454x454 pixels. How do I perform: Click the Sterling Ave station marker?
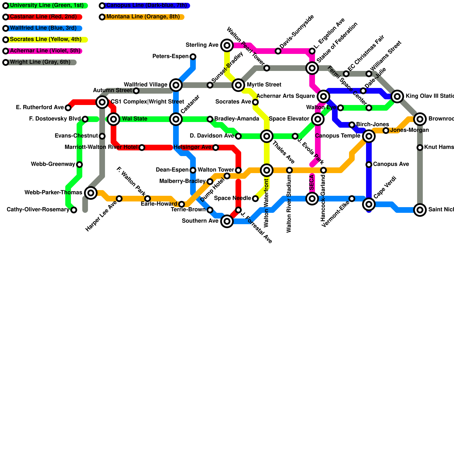pyautogui.click(x=227, y=45)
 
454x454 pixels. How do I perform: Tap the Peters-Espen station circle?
pyautogui.click(x=193, y=56)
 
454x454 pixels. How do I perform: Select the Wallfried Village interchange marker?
pyautogui.click(x=176, y=85)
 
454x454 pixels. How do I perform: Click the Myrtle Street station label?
pyautogui.click(x=264, y=85)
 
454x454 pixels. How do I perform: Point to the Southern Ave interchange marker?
pyautogui.click(x=227, y=221)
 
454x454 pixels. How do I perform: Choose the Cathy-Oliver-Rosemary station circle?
pyautogui.click(x=74, y=210)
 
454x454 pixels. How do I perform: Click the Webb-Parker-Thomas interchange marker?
pyautogui.click(x=91, y=193)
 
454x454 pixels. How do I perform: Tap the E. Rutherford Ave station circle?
pyautogui.click(x=68, y=108)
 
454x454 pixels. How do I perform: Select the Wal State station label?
pyautogui.click(x=134, y=119)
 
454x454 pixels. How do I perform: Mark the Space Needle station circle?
pyautogui.click(x=255, y=198)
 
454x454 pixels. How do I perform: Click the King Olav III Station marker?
pyautogui.click(x=397, y=96)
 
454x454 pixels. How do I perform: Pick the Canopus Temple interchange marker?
pyautogui.click(x=369, y=136)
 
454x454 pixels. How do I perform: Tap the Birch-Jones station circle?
pyautogui.click(x=352, y=125)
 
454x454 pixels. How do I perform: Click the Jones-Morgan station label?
pyautogui.click(x=409, y=130)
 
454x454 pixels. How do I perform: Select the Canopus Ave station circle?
pyautogui.click(x=369, y=164)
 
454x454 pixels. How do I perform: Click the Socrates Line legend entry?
pyautogui.click(x=45, y=39)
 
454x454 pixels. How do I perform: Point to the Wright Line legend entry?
pyautogui.click(x=40, y=62)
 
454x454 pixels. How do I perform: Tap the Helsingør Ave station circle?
pyautogui.click(x=216, y=147)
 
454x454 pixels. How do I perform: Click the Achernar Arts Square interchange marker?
pyautogui.click(x=323, y=96)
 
